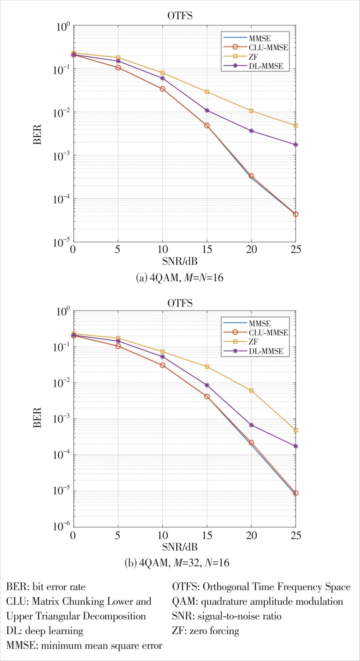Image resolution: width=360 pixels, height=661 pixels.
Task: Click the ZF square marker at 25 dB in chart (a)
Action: (x=295, y=125)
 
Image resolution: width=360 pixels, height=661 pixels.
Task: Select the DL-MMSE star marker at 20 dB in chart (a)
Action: (x=251, y=131)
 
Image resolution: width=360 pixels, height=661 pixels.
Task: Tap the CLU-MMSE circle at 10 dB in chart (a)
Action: (x=162, y=89)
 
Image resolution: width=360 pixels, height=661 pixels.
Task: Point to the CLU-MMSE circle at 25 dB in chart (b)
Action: (x=295, y=493)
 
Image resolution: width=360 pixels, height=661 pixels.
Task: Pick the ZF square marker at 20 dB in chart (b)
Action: (x=251, y=391)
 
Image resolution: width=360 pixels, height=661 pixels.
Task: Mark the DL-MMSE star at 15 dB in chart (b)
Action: (x=207, y=385)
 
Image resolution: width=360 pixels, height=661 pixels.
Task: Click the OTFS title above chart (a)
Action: (x=180, y=16)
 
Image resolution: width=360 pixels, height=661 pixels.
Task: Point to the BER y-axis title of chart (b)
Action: (x=37, y=417)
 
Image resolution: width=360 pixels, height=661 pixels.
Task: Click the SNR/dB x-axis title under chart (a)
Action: (x=180, y=261)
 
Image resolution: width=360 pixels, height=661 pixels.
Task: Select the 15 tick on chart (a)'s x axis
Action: (x=207, y=249)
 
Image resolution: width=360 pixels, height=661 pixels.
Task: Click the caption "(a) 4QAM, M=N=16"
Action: (x=179, y=278)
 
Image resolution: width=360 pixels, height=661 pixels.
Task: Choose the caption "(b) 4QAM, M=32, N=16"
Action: (x=177, y=563)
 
